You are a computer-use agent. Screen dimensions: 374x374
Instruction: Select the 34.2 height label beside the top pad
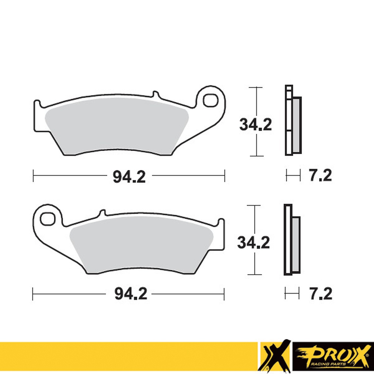tap(255, 125)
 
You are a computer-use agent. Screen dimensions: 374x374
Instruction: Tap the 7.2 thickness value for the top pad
tap(320, 176)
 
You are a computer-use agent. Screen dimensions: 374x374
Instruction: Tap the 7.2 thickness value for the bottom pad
tap(320, 294)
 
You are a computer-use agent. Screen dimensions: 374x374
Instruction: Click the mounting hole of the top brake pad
tap(210, 100)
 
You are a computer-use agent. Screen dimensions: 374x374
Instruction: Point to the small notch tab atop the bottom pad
tap(102, 212)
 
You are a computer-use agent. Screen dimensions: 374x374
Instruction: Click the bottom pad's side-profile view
tap(292, 240)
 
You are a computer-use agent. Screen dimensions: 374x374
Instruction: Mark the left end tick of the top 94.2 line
tap(33, 176)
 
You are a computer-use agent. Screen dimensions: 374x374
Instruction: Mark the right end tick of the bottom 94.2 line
tap(224, 294)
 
